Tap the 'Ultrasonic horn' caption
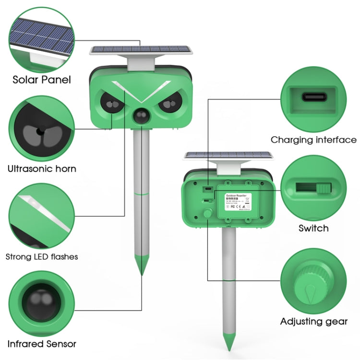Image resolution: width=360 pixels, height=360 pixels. tap(42, 168)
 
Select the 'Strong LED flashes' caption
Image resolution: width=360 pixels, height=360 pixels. tap(42, 256)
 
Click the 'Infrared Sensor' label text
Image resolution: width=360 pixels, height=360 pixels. tap(41, 344)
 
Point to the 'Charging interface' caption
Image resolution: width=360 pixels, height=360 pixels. tap(313, 140)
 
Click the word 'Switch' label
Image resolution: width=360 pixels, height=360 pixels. tap(313, 228)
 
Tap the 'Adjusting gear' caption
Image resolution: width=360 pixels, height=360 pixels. tap(314, 321)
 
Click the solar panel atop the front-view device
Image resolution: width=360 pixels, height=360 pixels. tap(141, 50)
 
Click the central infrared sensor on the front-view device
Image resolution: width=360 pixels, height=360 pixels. tap(141, 116)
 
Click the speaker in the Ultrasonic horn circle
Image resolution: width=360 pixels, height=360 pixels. tap(38, 132)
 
